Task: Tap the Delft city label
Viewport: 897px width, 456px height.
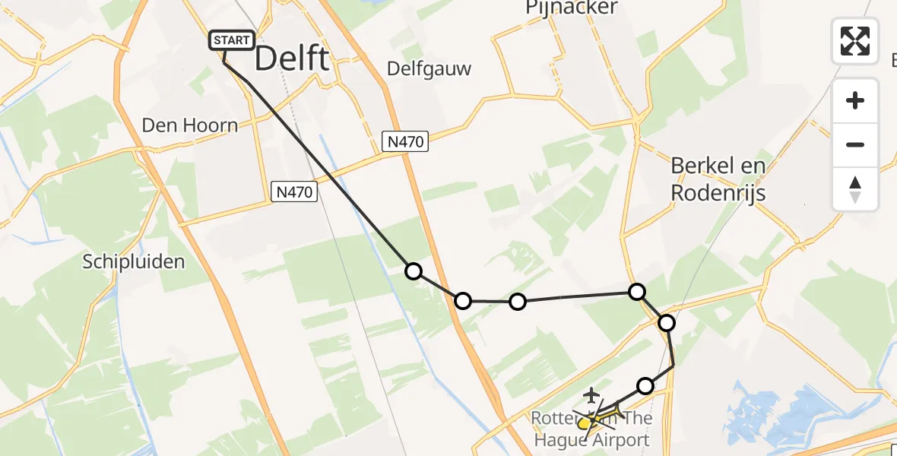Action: click(292, 59)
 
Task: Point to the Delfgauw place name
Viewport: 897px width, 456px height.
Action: click(429, 69)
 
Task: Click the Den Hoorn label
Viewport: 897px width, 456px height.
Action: click(189, 125)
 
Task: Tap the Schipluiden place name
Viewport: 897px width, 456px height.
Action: click(134, 262)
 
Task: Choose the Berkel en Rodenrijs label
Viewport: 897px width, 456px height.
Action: click(718, 179)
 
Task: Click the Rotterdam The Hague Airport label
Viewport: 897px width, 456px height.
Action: click(591, 429)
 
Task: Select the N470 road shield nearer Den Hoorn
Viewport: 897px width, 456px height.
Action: click(294, 192)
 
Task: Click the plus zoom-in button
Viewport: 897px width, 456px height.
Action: click(855, 101)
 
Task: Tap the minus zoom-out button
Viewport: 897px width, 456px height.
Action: click(855, 144)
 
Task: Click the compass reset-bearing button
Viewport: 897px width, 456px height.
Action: click(855, 188)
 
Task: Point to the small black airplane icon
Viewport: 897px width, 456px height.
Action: click(591, 395)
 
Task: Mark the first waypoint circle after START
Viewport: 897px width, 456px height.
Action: click(414, 271)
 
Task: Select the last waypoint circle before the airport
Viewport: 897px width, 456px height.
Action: click(645, 386)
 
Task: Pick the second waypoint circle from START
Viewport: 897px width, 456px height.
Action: click(463, 301)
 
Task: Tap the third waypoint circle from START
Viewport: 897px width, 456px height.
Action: click(518, 302)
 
